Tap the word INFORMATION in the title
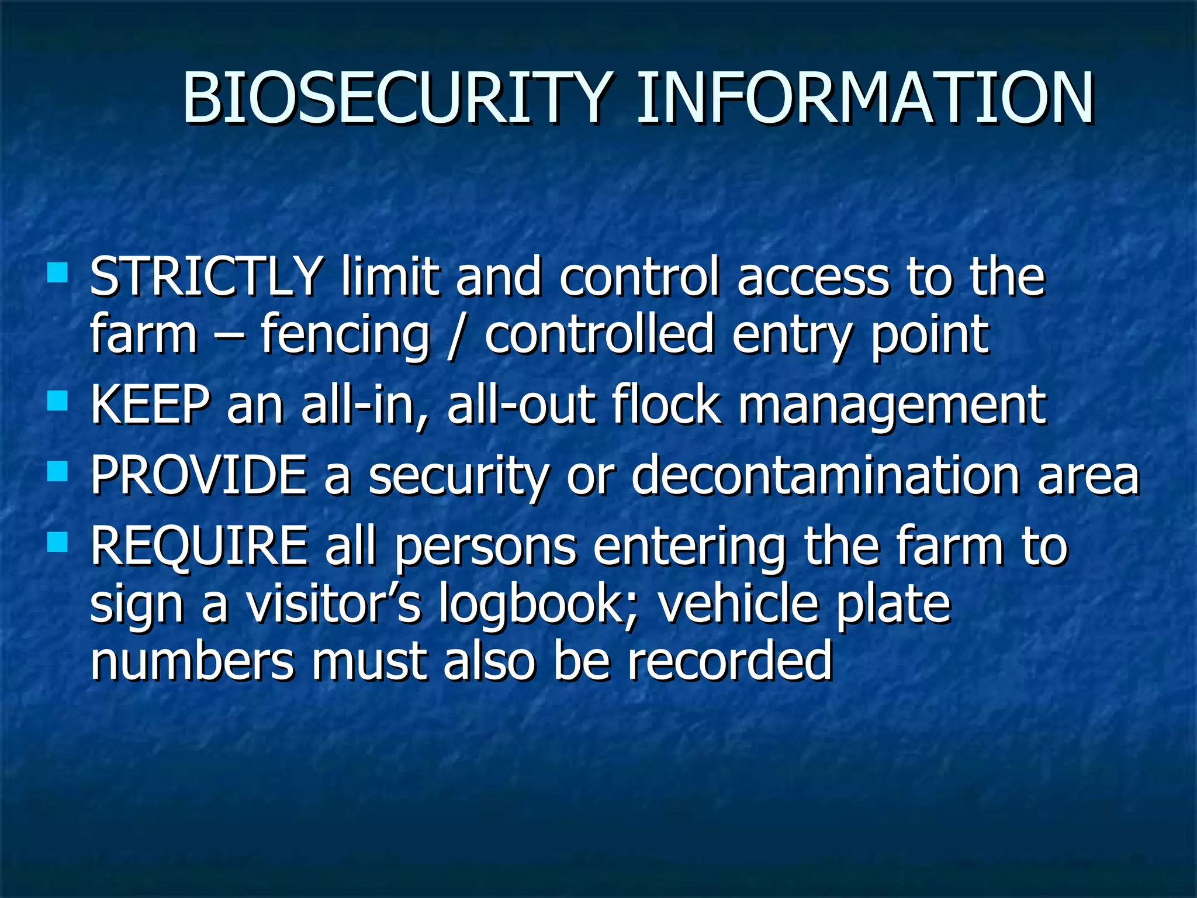(865, 98)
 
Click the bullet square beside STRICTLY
(57, 272)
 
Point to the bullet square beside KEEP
(57, 402)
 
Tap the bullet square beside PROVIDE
(57, 471)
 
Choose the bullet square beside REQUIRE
(57, 542)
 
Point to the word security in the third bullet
(459, 476)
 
